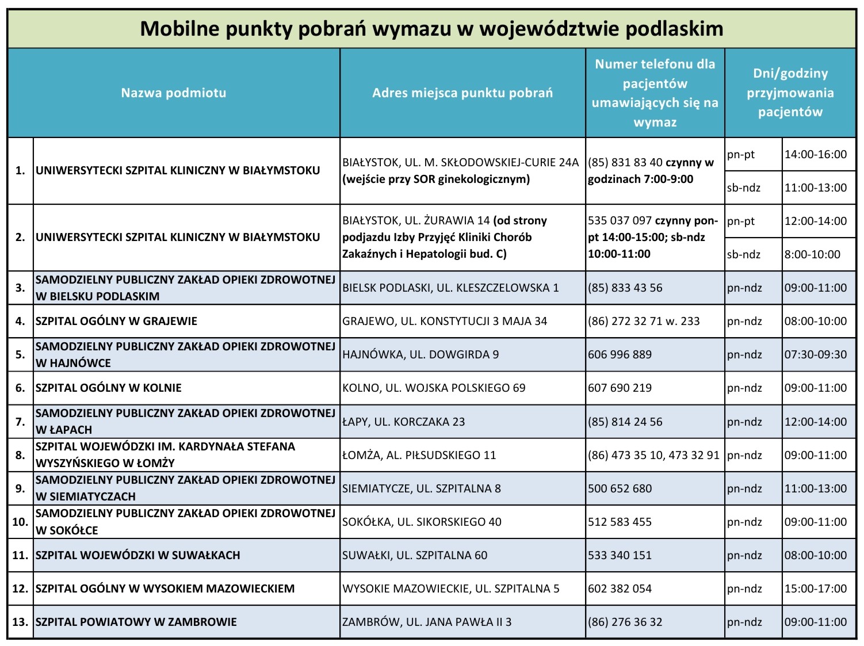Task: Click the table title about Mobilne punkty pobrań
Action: (x=431, y=29)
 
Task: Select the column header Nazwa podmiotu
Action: (x=173, y=93)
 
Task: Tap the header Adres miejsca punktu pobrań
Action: (x=462, y=93)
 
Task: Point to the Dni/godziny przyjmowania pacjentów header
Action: (x=790, y=93)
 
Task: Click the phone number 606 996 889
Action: (x=620, y=354)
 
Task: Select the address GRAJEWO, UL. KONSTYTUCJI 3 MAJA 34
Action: (x=445, y=321)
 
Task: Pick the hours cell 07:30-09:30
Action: (x=815, y=354)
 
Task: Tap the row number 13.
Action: (x=20, y=622)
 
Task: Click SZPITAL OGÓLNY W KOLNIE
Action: (x=109, y=388)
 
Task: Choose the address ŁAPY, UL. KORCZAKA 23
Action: (x=403, y=422)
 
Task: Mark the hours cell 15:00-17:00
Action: (x=815, y=588)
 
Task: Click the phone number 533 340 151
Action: (x=620, y=555)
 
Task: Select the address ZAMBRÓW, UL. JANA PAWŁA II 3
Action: (x=427, y=622)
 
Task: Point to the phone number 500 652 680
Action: (x=620, y=488)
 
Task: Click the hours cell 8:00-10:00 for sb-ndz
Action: (x=812, y=254)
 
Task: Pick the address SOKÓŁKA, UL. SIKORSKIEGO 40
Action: (x=422, y=522)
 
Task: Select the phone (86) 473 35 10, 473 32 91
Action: (x=653, y=455)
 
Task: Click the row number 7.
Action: (x=20, y=422)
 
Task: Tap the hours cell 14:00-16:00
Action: (x=815, y=154)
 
